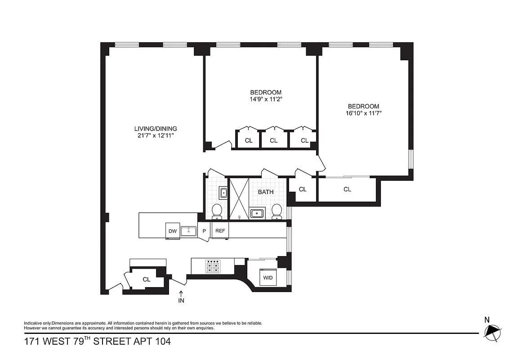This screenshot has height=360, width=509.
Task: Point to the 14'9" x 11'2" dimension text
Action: [x=266, y=99]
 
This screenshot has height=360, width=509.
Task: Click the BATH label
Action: [x=266, y=192]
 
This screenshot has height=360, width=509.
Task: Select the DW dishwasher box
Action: [x=173, y=231]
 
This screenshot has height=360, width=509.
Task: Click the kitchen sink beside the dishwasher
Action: [x=188, y=231]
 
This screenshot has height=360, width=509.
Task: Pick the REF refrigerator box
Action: [x=220, y=231]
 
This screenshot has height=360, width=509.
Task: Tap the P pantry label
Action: [x=204, y=231]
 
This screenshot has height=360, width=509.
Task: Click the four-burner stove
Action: [x=213, y=267]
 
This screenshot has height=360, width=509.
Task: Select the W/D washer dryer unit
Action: [x=268, y=277]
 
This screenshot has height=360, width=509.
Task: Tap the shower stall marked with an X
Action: [x=239, y=198]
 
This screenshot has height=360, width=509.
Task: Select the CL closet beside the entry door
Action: [x=147, y=279]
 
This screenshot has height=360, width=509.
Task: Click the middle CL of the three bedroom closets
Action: [x=273, y=140]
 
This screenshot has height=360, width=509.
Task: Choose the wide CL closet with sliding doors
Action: [x=347, y=189]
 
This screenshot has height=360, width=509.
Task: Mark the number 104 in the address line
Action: [x=162, y=342]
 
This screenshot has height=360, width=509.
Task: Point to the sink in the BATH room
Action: [x=257, y=213]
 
